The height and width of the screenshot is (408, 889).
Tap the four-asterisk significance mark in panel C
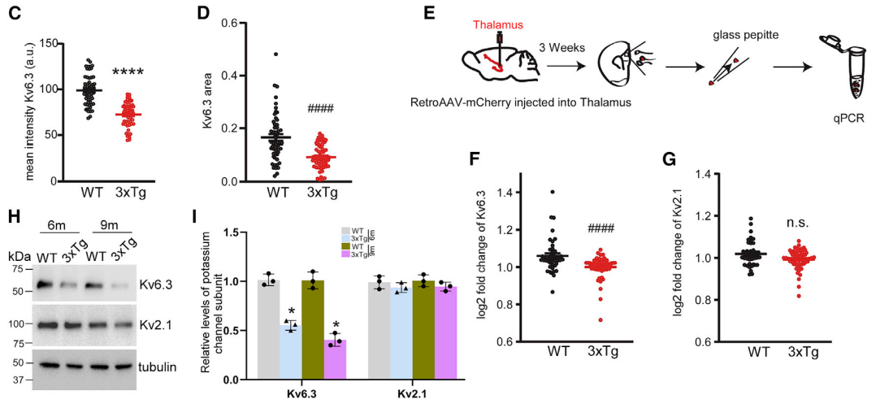[128, 73]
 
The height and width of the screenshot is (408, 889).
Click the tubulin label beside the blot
[158, 367]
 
